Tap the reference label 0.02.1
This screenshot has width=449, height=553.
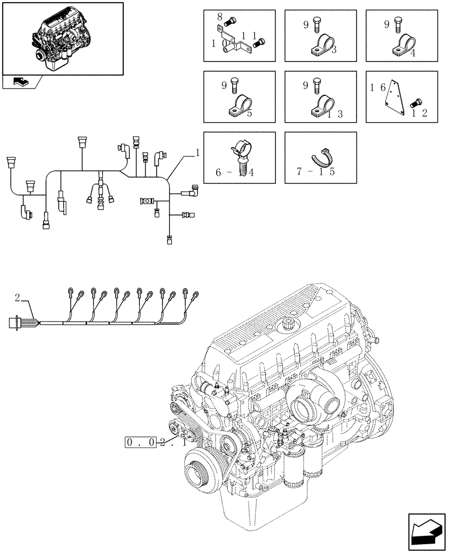click(154, 442)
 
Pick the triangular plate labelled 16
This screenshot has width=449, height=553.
click(396, 95)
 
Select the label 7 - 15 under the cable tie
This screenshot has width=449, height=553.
click(316, 172)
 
